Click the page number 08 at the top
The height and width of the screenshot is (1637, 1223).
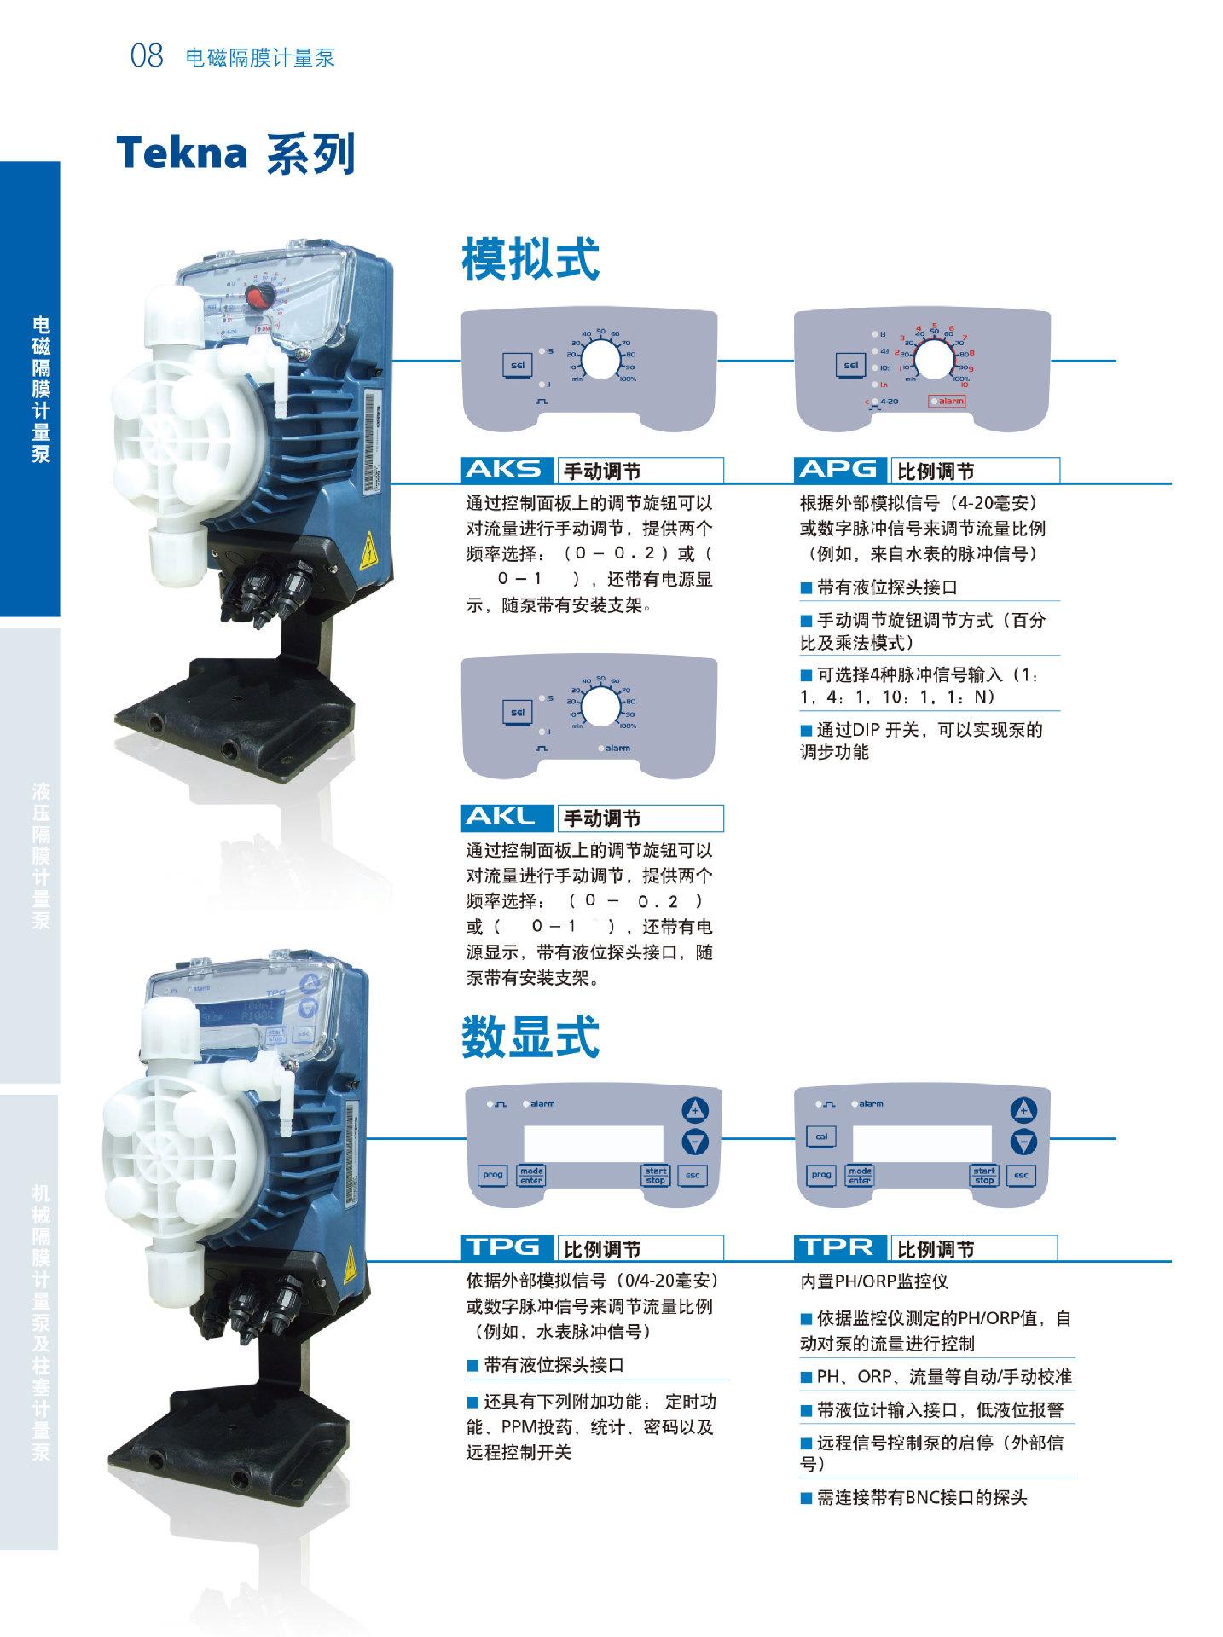point(146,56)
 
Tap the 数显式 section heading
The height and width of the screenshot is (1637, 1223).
point(530,1036)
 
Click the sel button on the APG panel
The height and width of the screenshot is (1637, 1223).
point(849,365)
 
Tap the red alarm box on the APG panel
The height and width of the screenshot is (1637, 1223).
point(948,401)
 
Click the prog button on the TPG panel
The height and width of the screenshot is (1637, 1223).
point(493,1175)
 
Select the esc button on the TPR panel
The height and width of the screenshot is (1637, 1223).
point(1021,1175)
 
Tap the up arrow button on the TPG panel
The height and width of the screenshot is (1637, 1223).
point(697,1109)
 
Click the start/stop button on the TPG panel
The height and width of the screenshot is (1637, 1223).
point(655,1175)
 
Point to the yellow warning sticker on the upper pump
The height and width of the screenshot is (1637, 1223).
point(369,552)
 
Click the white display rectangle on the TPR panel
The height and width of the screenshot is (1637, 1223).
point(922,1141)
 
